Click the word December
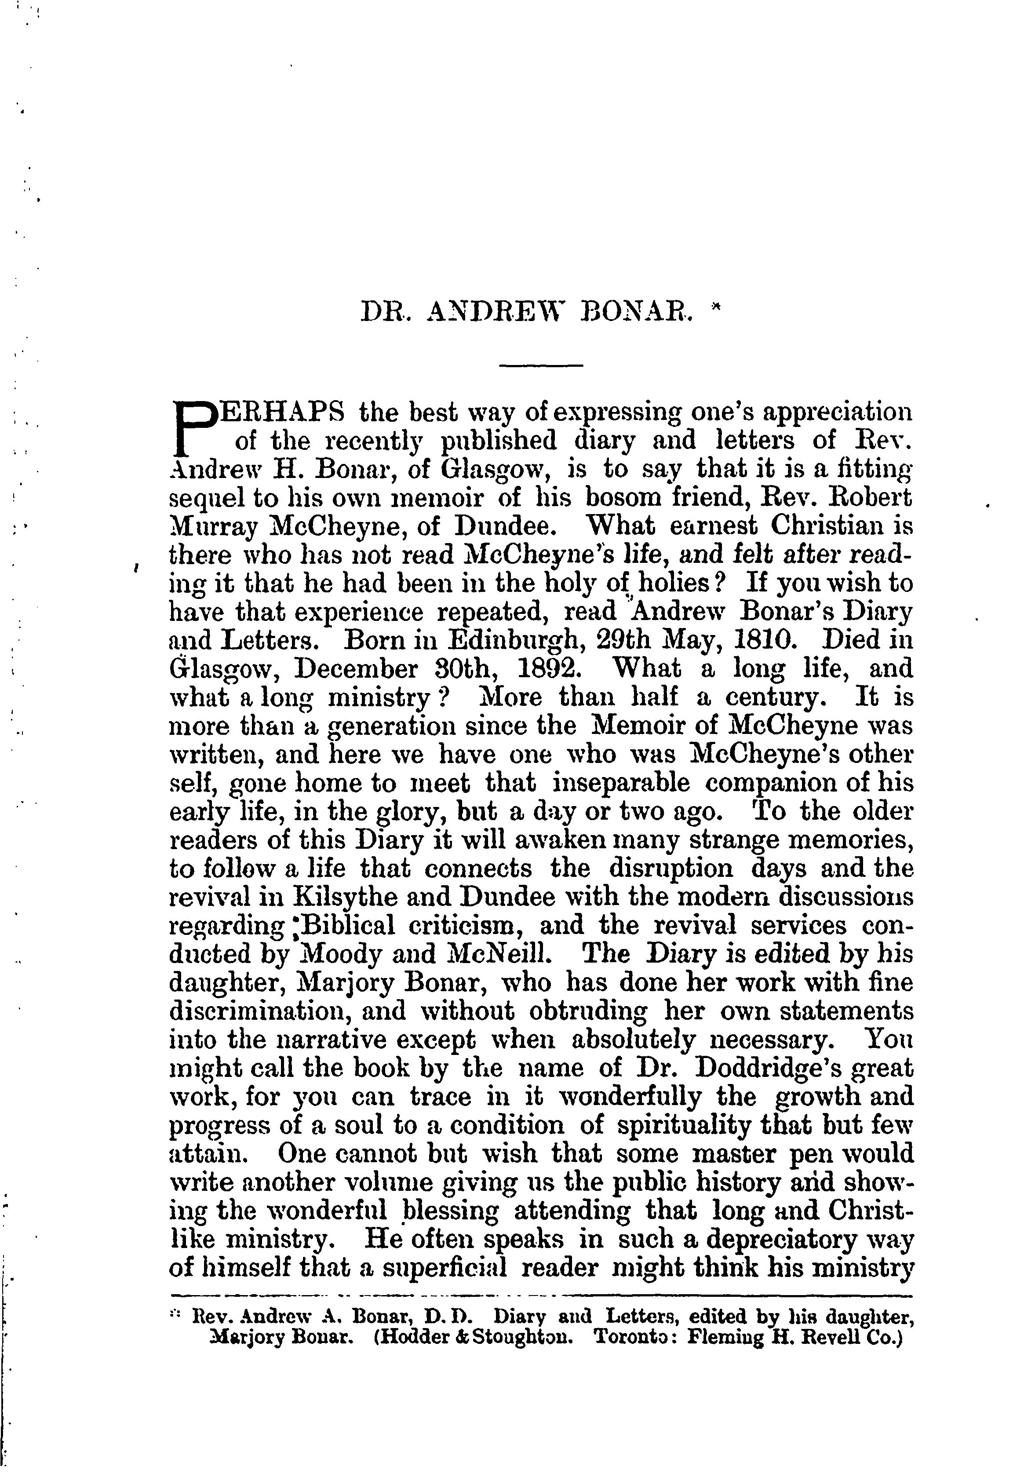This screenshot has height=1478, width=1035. (355, 669)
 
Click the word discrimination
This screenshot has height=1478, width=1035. (255, 1011)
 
